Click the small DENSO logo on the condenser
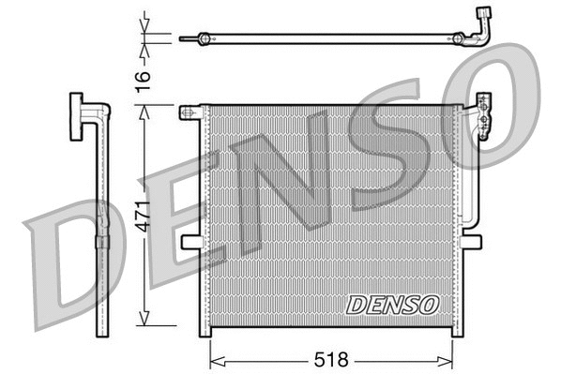click(392, 304)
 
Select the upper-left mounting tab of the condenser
click(190, 112)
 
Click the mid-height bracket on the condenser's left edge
click(190, 242)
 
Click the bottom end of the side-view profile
click(102, 333)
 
